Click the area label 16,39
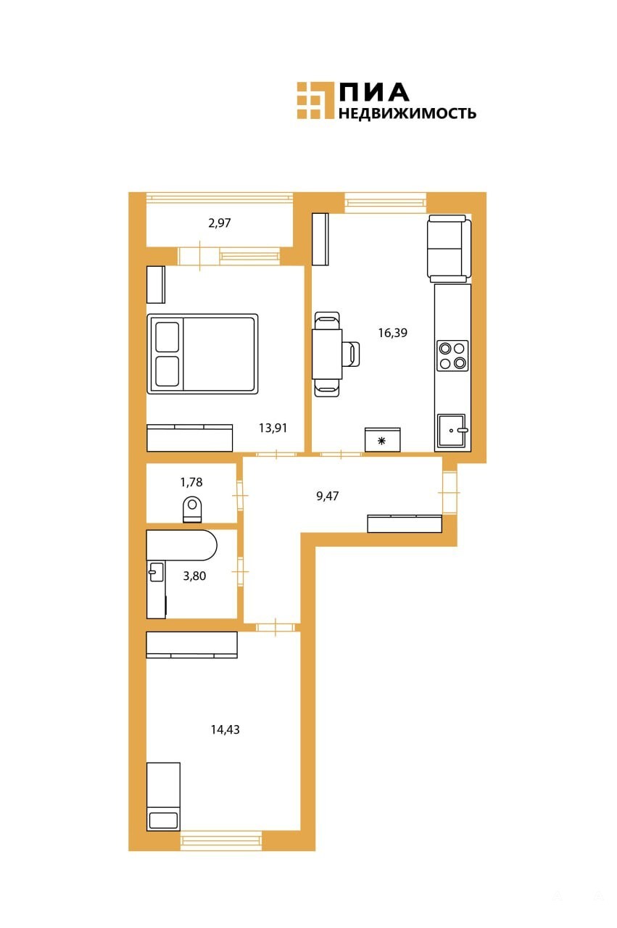(392, 333)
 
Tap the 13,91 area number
(273, 428)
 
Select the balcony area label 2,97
(219, 223)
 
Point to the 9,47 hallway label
(328, 496)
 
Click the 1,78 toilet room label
(191, 482)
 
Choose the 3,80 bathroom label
(194, 576)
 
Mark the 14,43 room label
(225, 729)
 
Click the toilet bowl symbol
(192, 510)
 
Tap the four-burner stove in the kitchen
(452, 356)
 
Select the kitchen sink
(452, 430)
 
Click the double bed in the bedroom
(202, 354)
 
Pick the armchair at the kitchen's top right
(450, 248)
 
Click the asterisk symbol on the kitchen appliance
(381, 441)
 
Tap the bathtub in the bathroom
(181, 544)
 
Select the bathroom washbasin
(156, 572)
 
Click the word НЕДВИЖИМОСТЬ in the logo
(407, 113)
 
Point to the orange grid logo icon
(315, 101)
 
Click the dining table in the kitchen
(327, 354)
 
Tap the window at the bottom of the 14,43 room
(221, 840)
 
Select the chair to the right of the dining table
(352, 354)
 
